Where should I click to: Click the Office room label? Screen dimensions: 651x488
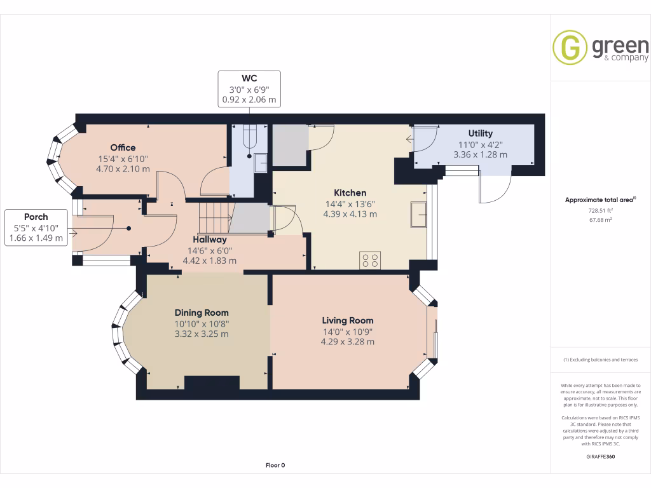click(x=123, y=147)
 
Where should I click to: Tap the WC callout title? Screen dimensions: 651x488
click(x=249, y=78)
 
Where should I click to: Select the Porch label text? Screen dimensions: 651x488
click(x=36, y=217)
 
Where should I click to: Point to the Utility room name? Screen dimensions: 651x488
click(x=481, y=133)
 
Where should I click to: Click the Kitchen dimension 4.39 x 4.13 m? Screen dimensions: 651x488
click(x=350, y=214)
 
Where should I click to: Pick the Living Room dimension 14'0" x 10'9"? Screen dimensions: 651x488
click(x=348, y=332)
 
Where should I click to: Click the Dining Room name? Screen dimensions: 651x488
click(x=202, y=313)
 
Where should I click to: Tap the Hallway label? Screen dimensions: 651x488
click(x=210, y=240)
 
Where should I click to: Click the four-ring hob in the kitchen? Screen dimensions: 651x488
click(x=370, y=260)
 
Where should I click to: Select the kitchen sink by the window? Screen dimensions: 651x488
click(x=418, y=215)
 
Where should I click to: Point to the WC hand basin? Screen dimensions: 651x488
click(x=260, y=163)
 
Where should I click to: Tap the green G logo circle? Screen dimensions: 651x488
click(x=570, y=47)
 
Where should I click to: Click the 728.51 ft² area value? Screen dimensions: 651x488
click(x=600, y=210)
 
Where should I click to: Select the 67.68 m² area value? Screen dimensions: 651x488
click(x=600, y=220)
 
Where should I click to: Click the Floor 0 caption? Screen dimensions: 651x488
click(x=275, y=465)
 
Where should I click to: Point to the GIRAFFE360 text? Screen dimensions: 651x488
click(x=600, y=456)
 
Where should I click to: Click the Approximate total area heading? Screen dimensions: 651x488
click(x=600, y=200)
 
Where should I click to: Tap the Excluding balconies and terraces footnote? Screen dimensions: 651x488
click(x=600, y=360)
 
